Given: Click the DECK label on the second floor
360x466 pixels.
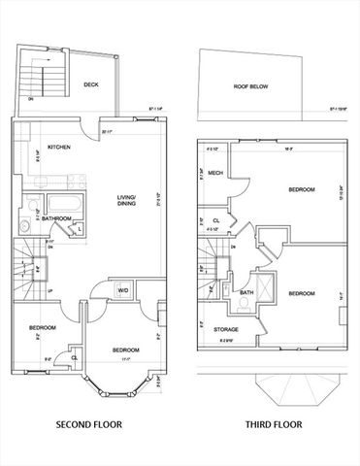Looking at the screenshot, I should tap(91, 84).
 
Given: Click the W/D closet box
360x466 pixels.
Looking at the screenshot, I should tap(124, 289).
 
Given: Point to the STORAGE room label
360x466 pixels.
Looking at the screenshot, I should tap(227, 329).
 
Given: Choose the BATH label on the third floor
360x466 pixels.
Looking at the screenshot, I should tap(246, 292).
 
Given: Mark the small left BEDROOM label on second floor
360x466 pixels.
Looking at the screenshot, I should tap(40, 327).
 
